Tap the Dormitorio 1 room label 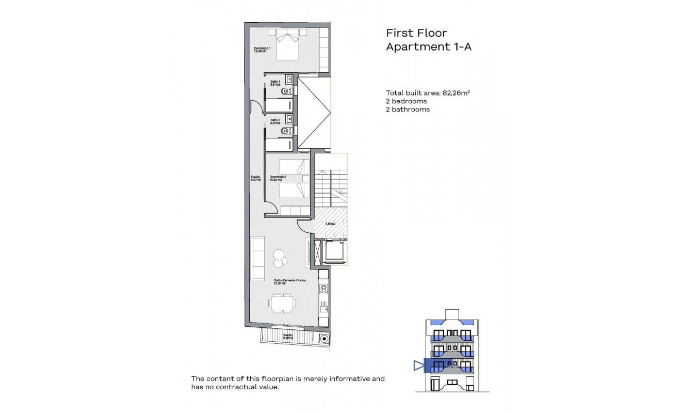262,50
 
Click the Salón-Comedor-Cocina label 289,281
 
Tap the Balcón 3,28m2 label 288,337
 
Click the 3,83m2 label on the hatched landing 330,224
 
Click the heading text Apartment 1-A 429,47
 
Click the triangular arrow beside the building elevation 418,366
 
